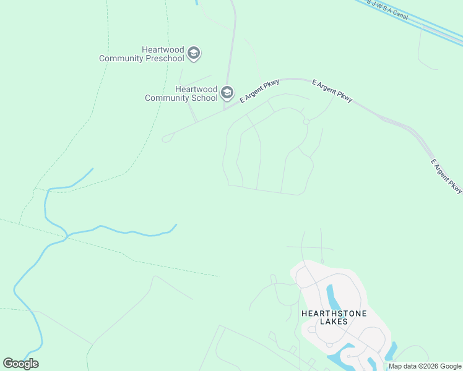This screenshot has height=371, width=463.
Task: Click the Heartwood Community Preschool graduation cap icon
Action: coord(194,53)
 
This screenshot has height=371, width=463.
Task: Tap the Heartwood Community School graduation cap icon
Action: coord(227,93)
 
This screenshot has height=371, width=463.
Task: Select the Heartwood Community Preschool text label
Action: coord(142,54)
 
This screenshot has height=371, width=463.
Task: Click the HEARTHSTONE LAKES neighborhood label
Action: coord(334,317)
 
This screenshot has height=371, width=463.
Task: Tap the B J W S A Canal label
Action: coord(388,9)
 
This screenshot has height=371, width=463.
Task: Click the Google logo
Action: coord(20,364)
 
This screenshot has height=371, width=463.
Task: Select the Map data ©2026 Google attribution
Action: coord(425,366)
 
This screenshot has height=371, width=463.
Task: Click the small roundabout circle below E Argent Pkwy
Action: coord(306,122)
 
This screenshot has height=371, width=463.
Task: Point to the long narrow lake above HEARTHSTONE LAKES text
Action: coord(333,296)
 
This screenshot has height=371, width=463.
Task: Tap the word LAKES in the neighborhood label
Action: coord(334,322)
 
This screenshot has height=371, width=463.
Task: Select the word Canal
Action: coord(400,14)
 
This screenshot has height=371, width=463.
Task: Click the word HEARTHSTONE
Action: coord(334,313)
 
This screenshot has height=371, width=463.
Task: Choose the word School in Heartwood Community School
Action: coord(205,98)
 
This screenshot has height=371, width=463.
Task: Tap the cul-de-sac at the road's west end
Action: coord(165,139)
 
